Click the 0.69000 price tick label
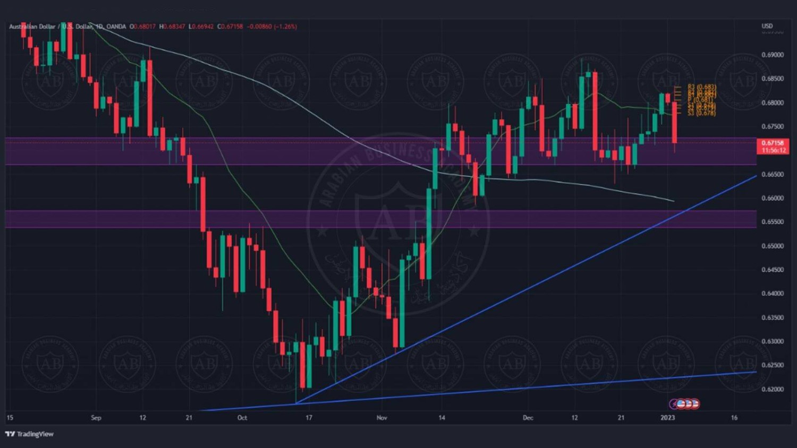[x=772, y=55]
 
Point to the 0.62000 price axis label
[x=772, y=389]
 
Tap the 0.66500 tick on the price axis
[x=772, y=174]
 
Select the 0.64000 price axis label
[x=772, y=294]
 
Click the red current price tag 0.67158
[x=772, y=143]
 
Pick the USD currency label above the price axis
[x=767, y=26]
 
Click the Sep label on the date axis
[x=96, y=418]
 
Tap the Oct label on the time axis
[x=242, y=418]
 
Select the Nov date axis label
[x=381, y=418]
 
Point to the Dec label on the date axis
[x=528, y=418]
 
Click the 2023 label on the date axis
[x=667, y=418]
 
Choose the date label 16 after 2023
[x=734, y=418]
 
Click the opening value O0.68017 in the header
[x=143, y=27]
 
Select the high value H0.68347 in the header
[x=172, y=27]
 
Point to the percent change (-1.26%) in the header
[x=285, y=27]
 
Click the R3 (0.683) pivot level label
[x=701, y=87]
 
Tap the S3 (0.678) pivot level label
[x=701, y=113]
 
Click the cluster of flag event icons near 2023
[x=684, y=404]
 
